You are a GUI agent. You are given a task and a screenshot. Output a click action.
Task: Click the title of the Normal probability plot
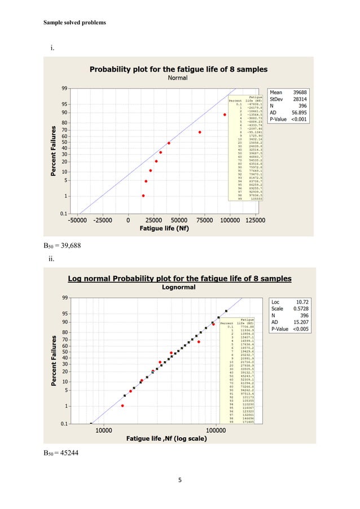click(x=179, y=69)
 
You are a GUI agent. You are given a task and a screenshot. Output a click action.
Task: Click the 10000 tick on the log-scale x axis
click(x=102, y=431)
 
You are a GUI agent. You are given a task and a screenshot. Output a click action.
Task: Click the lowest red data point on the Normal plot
click(x=143, y=196)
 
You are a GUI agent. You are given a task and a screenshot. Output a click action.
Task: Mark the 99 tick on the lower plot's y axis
click(x=66, y=297)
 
